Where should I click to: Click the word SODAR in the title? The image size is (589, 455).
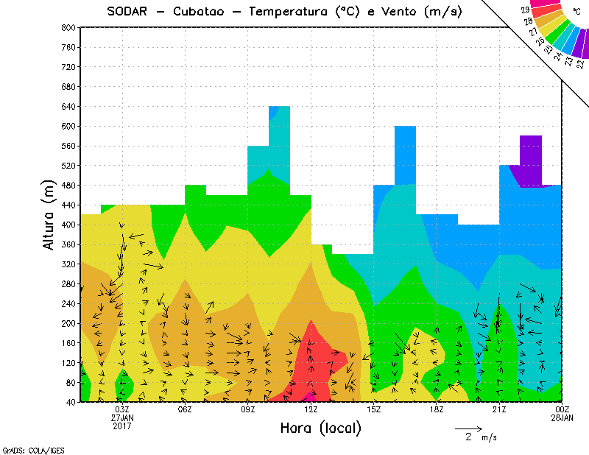click(127, 11)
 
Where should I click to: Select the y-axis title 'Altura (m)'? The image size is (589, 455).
click(49, 214)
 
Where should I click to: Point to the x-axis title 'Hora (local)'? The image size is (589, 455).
click(320, 428)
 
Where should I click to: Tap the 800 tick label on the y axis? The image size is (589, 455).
click(68, 27)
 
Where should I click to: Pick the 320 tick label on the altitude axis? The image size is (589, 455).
click(68, 264)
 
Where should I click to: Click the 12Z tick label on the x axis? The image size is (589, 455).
click(311, 409)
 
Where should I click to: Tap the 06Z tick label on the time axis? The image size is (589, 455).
click(186, 409)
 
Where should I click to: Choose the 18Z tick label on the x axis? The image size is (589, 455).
click(437, 409)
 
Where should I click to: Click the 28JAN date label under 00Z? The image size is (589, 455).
click(562, 417)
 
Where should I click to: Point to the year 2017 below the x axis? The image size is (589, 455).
click(122, 426)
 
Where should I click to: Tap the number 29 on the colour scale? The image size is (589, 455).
click(525, 10)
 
